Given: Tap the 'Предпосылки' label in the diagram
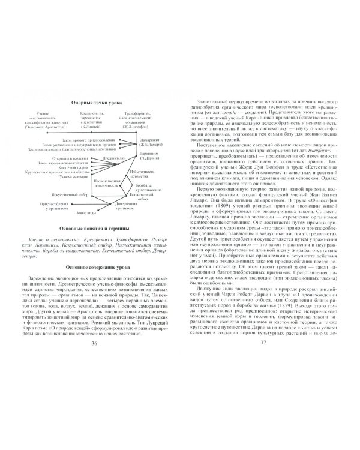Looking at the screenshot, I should pos(113,159).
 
